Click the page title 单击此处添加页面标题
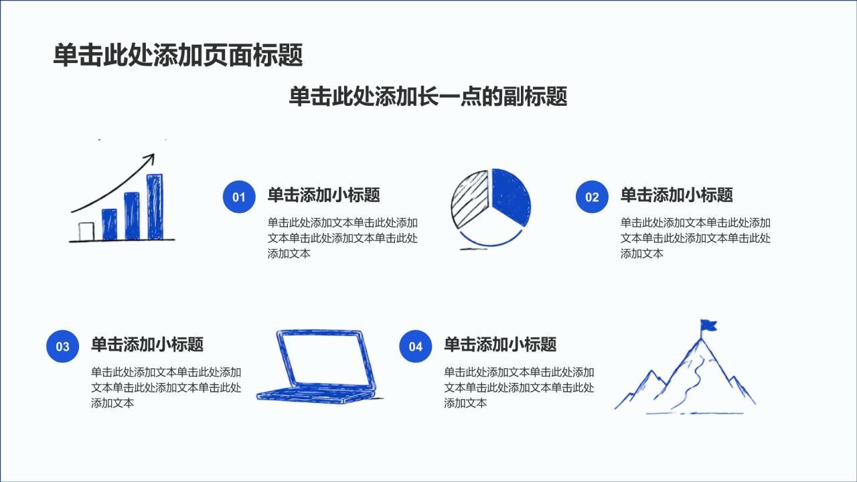click(x=178, y=55)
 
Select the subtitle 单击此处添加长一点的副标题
click(x=428, y=96)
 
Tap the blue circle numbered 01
click(x=239, y=197)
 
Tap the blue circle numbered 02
click(x=592, y=197)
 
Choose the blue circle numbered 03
click(x=63, y=346)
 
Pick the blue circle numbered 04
click(x=416, y=346)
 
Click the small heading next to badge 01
click(x=323, y=195)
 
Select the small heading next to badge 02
click(x=676, y=195)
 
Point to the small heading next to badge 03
click(x=147, y=344)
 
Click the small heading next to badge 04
click(x=500, y=344)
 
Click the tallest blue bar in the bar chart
click(x=155, y=207)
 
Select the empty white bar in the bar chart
click(x=86, y=232)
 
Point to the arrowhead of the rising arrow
click(x=151, y=158)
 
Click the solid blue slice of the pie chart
click(x=510, y=197)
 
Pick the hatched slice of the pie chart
click(x=469, y=199)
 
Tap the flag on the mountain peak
click(x=708, y=325)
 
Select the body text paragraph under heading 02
click(x=696, y=238)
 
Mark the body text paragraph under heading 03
click(x=167, y=388)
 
